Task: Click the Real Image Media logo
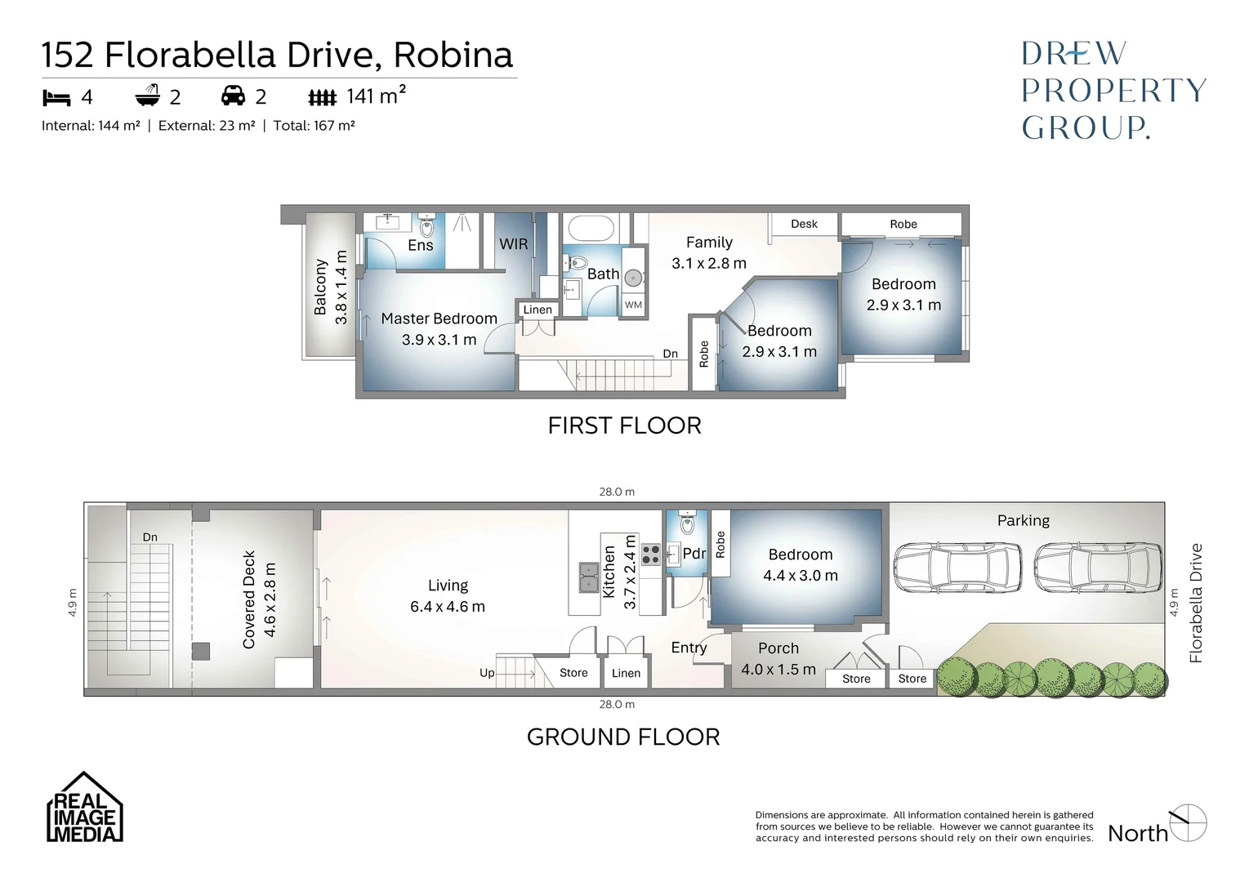[x=84, y=808]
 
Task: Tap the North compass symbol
[x=1188, y=822]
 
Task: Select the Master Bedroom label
[x=439, y=318]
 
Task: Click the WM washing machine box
[x=633, y=305]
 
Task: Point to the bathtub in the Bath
[x=589, y=228]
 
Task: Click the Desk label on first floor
[x=804, y=224]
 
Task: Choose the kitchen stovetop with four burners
[x=650, y=555]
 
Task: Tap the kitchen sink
[x=587, y=577]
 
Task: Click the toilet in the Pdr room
[x=686, y=521]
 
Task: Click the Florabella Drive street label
[x=1196, y=603]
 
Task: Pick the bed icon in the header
[x=56, y=98]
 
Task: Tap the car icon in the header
[x=234, y=96]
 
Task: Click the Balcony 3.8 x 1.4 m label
[x=330, y=287]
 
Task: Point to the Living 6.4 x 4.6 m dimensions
[x=448, y=607]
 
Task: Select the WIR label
[x=513, y=244]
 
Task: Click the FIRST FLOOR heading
[x=624, y=425]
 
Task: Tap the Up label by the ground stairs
[x=487, y=673]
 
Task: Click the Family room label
[x=709, y=243]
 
